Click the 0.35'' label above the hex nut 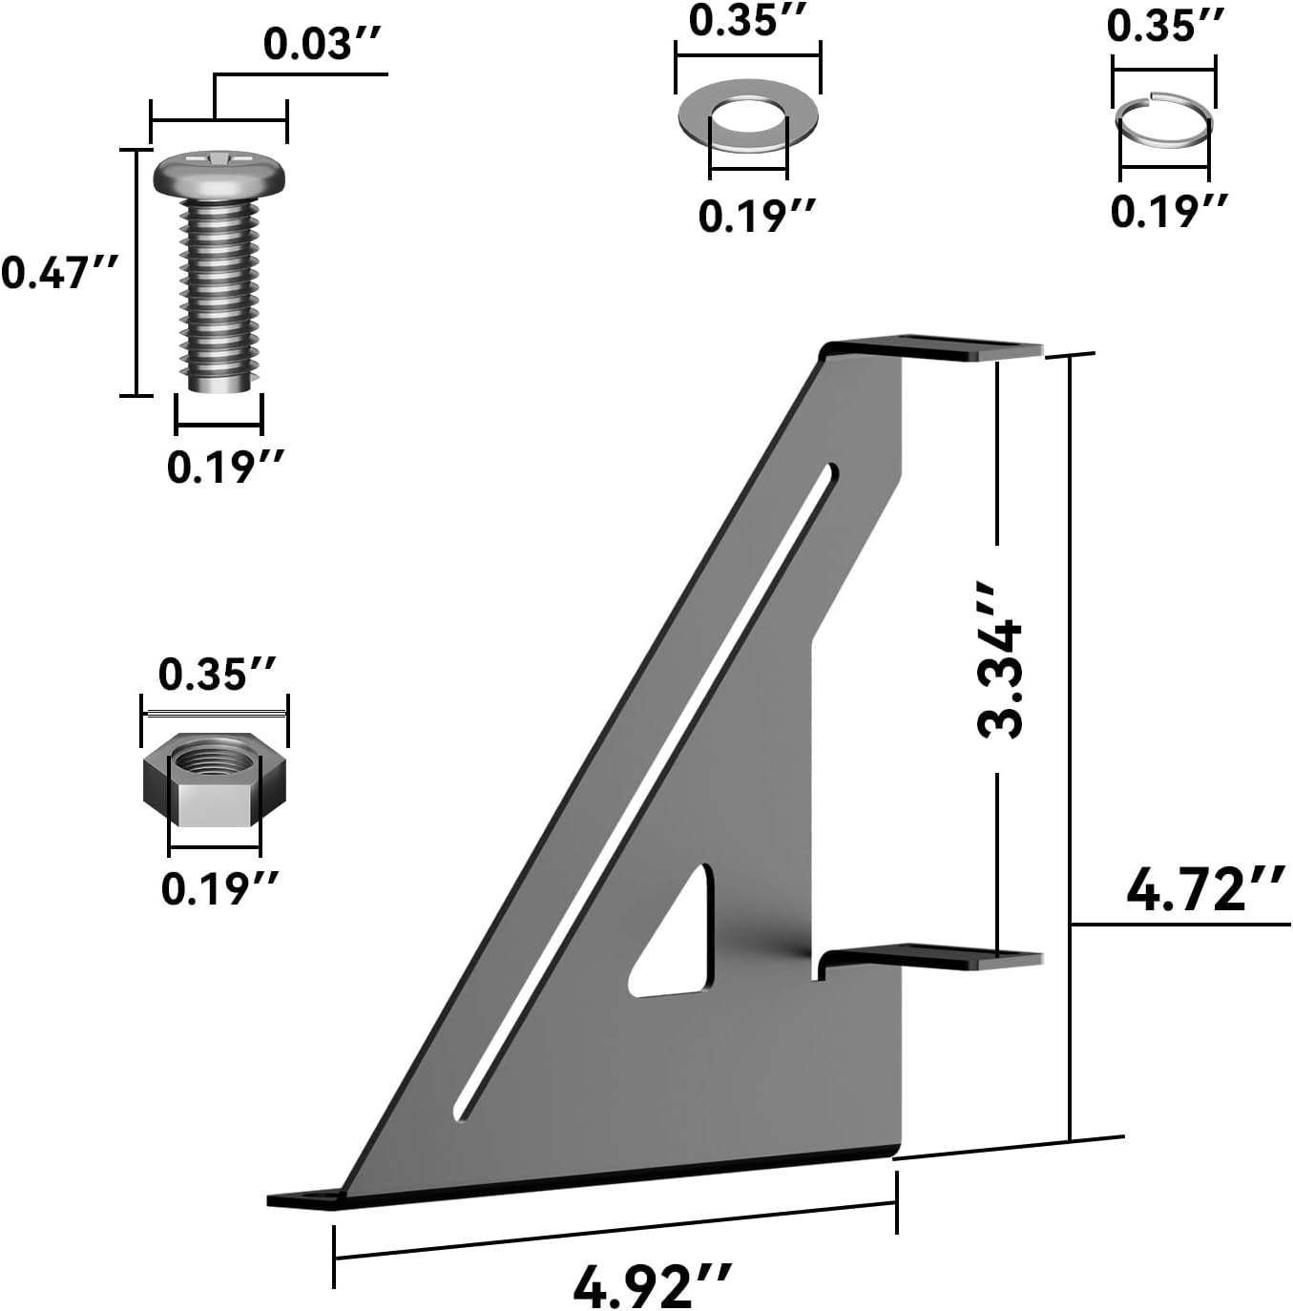click(217, 675)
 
